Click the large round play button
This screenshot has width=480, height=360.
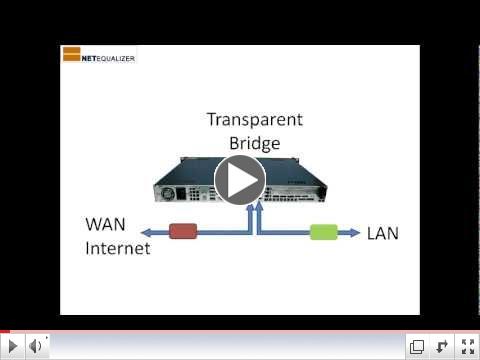(240, 180)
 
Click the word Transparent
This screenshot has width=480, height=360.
(254, 120)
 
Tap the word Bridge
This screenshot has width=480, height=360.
(254, 142)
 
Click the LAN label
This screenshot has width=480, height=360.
(383, 234)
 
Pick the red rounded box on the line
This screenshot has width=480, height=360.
(183, 232)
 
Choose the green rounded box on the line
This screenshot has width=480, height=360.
(323, 232)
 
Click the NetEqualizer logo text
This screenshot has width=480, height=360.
(108, 57)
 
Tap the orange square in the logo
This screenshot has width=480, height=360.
(71, 54)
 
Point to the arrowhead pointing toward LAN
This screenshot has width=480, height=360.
(356, 232)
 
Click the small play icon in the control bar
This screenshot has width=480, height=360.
(13, 346)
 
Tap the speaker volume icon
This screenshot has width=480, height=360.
(35, 346)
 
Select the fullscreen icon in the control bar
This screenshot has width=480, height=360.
(465, 346)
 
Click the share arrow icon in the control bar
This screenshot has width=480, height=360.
(441, 346)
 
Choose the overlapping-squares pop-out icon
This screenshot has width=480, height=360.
(417, 346)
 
